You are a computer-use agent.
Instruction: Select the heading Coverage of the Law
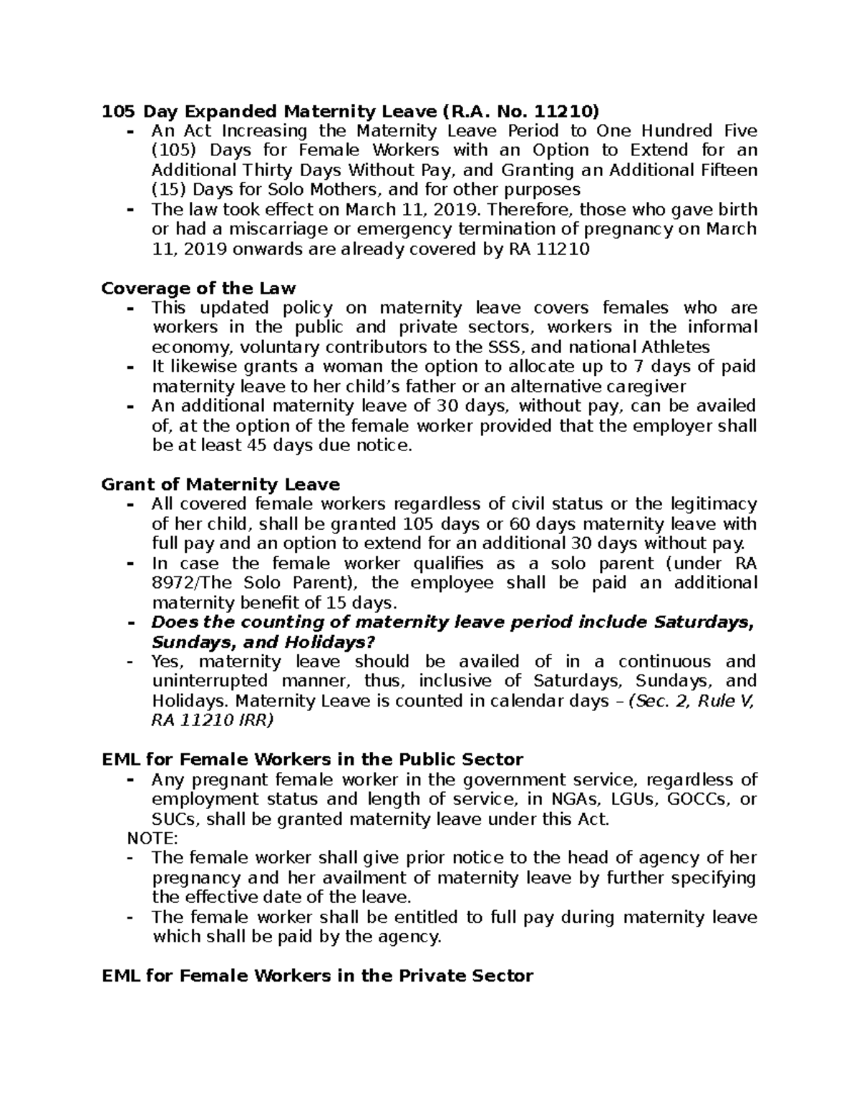point(198,289)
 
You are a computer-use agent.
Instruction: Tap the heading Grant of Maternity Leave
point(220,485)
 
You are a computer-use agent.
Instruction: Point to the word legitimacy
point(711,504)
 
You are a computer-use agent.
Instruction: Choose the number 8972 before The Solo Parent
point(173,583)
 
